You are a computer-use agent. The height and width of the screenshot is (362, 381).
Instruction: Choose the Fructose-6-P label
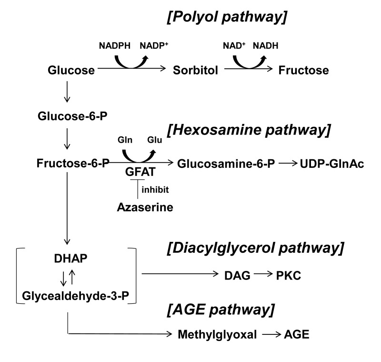(x=72, y=163)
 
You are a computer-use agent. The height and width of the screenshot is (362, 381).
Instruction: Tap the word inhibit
(x=155, y=189)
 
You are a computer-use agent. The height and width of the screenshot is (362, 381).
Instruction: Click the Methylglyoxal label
(x=217, y=334)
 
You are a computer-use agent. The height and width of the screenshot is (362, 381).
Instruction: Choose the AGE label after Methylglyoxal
(x=296, y=334)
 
